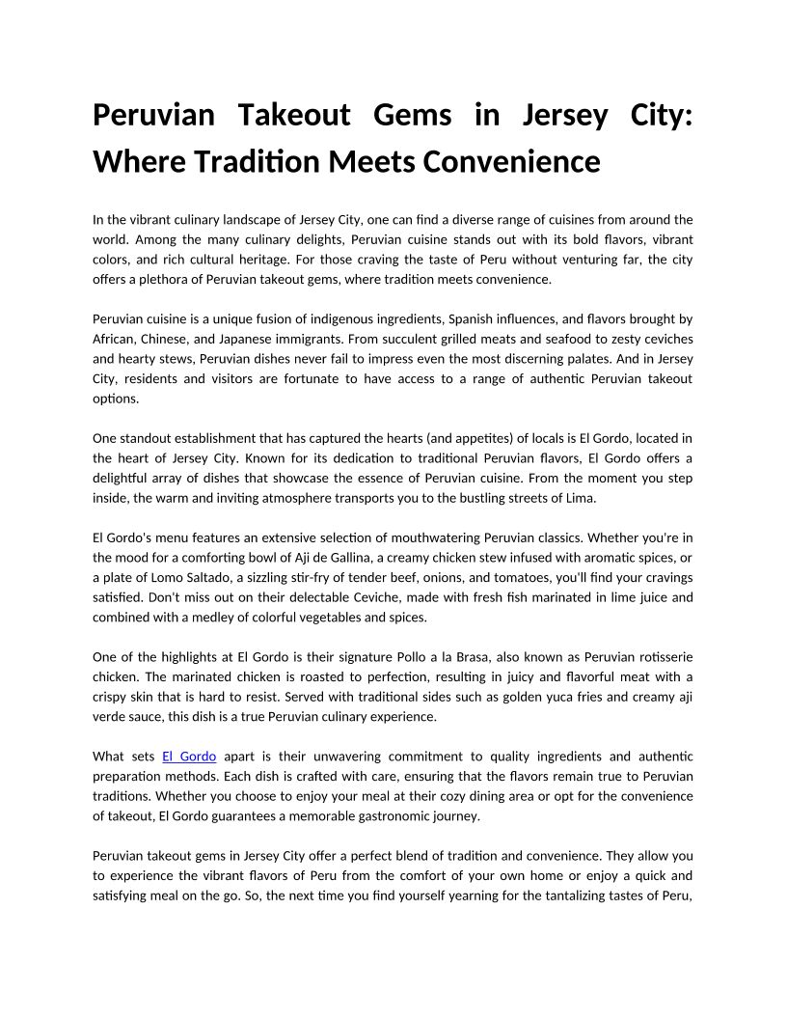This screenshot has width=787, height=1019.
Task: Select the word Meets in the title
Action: [371, 161]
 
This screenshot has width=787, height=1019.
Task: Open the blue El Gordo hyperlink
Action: [189, 756]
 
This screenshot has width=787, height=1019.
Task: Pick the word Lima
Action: [582, 498]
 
